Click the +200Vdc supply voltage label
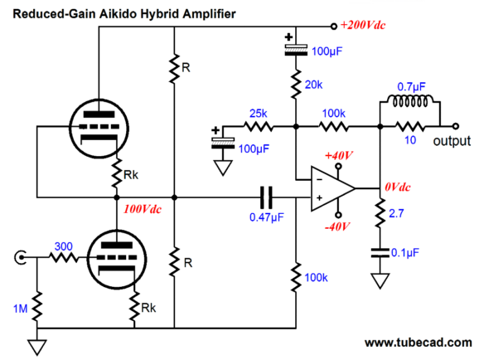(x=363, y=25)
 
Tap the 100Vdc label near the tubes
(x=142, y=209)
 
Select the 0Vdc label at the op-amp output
(x=398, y=187)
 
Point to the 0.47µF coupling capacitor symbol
(x=266, y=197)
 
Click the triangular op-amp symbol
(x=332, y=188)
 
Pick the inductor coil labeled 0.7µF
(x=410, y=100)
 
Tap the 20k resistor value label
(x=313, y=85)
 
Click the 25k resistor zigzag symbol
(x=258, y=126)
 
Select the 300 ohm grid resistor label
(x=64, y=246)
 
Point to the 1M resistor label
(x=20, y=309)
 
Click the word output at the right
(x=452, y=141)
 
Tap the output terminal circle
(x=456, y=126)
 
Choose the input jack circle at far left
(x=20, y=257)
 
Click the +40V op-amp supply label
(x=339, y=156)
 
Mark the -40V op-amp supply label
(x=337, y=227)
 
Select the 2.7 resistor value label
(x=396, y=213)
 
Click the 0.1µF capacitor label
(x=405, y=253)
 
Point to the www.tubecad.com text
(x=418, y=343)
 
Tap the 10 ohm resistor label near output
(x=410, y=140)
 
